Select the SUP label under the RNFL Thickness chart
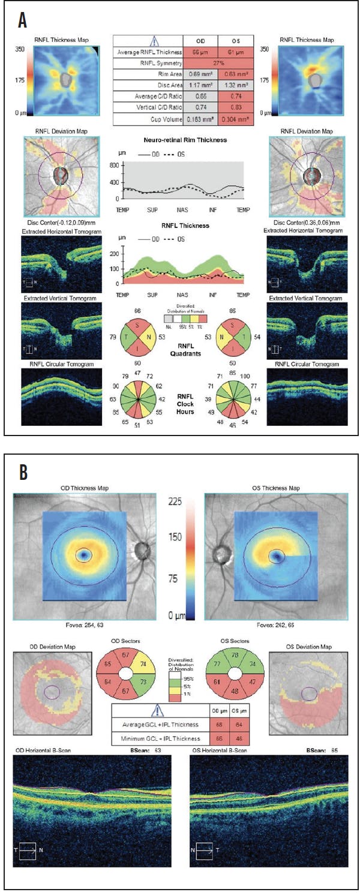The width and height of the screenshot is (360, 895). coord(152,295)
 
